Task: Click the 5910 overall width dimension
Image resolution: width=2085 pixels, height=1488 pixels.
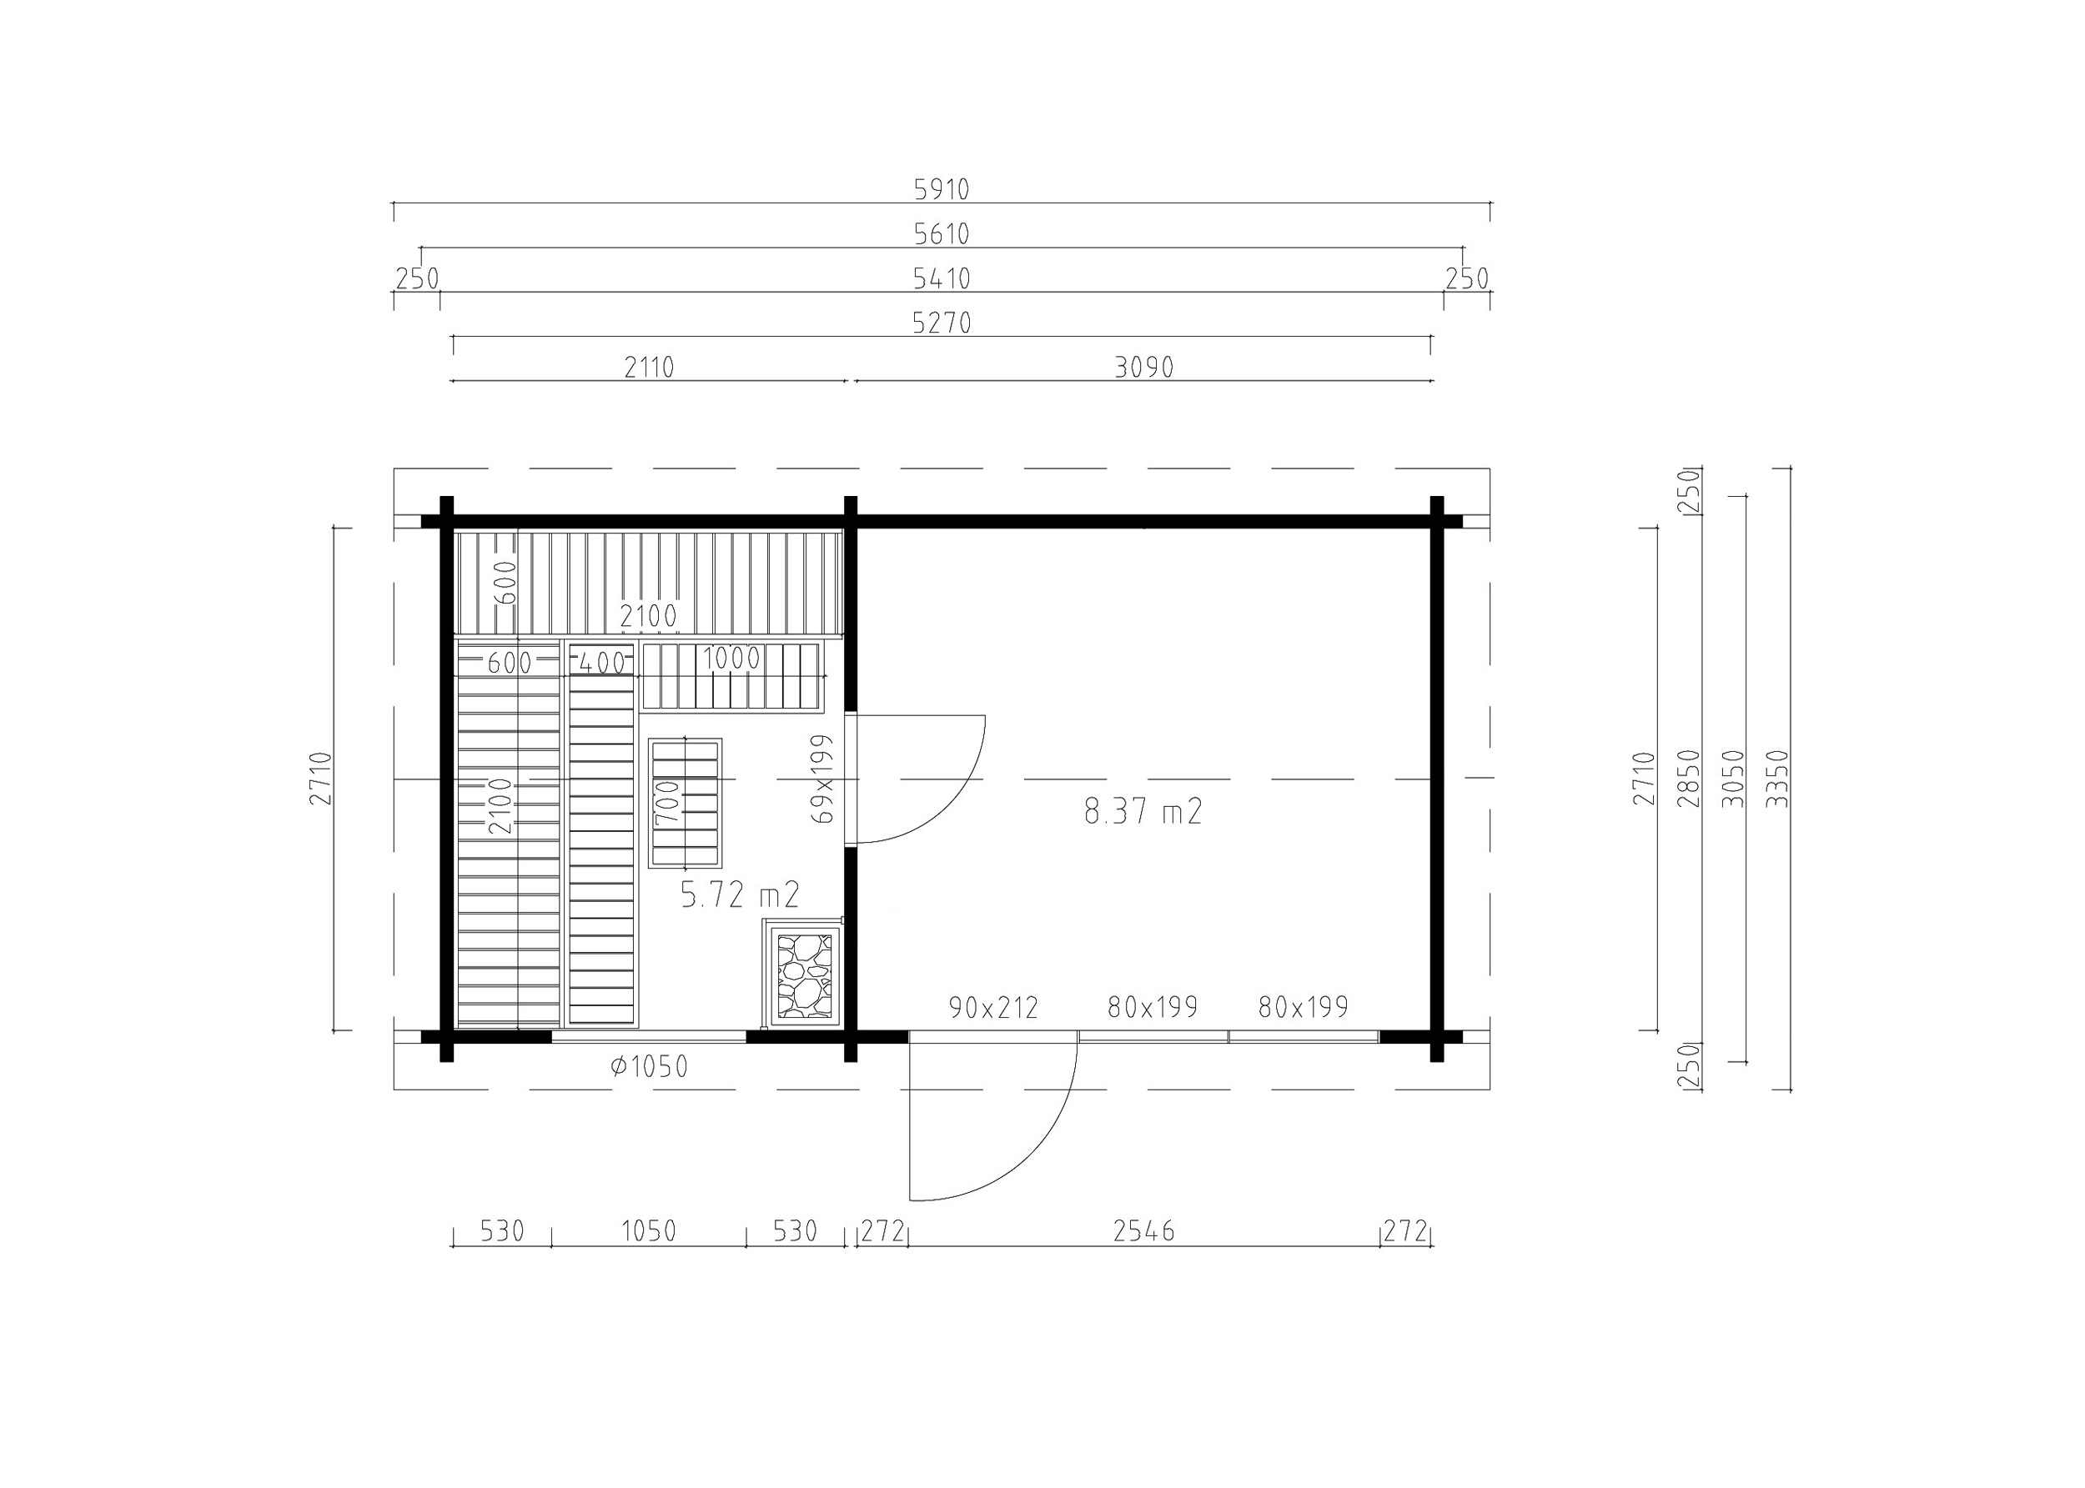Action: (x=942, y=190)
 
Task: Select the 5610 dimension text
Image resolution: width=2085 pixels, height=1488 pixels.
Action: (x=942, y=234)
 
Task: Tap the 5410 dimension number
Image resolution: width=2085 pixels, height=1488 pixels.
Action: (x=942, y=278)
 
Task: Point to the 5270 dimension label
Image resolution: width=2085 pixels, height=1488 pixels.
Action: (x=942, y=323)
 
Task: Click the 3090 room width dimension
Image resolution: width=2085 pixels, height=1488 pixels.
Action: (x=1143, y=368)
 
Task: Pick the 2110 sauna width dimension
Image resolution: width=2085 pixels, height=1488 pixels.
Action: (x=649, y=368)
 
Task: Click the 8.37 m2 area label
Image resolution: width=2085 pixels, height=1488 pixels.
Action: (x=1142, y=811)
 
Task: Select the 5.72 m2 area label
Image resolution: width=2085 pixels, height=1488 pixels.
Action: (x=740, y=894)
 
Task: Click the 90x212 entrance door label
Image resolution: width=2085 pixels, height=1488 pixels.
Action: (x=993, y=1008)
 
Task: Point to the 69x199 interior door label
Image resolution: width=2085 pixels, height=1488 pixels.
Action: (x=823, y=778)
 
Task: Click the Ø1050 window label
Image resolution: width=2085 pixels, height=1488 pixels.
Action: (x=649, y=1066)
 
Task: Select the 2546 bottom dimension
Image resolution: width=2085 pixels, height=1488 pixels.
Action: (x=1143, y=1231)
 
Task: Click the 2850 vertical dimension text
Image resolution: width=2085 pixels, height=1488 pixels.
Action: (x=1688, y=779)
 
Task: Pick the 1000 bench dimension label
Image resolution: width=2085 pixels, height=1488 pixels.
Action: (x=731, y=659)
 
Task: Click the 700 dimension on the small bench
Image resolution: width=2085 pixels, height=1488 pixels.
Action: (x=668, y=802)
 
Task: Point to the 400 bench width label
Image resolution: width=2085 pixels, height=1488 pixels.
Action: (x=602, y=664)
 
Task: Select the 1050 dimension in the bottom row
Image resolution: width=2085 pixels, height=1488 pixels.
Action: (x=649, y=1231)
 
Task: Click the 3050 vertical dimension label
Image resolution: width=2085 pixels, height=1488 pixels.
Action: (x=1733, y=779)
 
